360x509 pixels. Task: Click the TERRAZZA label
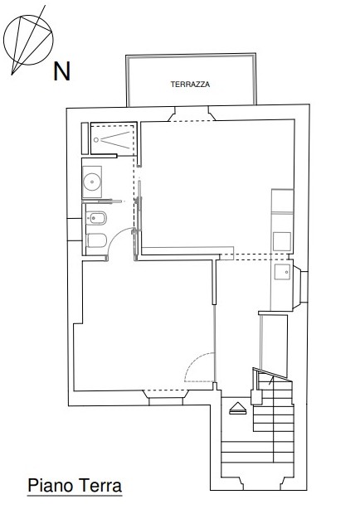pyautogui.click(x=190, y=85)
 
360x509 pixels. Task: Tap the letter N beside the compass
pyautogui.click(x=61, y=71)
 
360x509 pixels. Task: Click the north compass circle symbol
pyautogui.click(x=28, y=40)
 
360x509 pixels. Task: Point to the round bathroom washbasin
pyautogui.click(x=92, y=182)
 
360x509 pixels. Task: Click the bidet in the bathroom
pyautogui.click(x=96, y=218)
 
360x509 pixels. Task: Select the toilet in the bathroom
pyautogui.click(x=97, y=240)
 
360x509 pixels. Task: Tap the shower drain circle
pyautogui.click(x=96, y=140)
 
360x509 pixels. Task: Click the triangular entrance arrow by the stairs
pyautogui.click(x=238, y=408)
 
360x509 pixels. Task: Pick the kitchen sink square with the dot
pyautogui.click(x=282, y=272)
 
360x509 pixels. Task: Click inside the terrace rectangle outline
pyautogui.click(x=191, y=80)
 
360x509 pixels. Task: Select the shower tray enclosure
pyautogui.click(x=113, y=138)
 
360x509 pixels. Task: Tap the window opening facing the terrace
pyautogui.click(x=192, y=114)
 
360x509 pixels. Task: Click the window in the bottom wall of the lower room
pyautogui.click(x=166, y=398)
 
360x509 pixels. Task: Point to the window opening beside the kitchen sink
pyautogui.click(x=300, y=286)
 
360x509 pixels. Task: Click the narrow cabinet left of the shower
pyautogui.click(x=85, y=138)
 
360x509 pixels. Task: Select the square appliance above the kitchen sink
pyautogui.click(x=282, y=241)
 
